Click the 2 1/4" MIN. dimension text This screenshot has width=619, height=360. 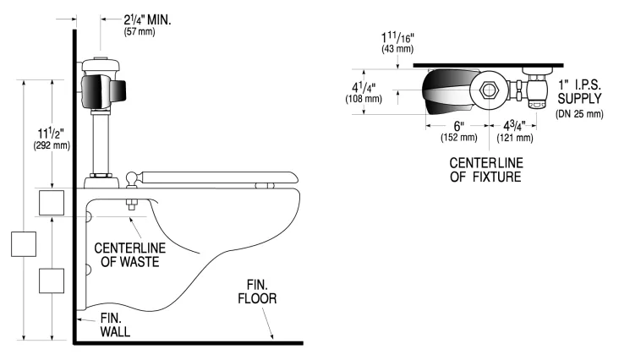136,18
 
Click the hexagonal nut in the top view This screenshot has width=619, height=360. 488,92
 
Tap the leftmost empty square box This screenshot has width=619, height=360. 23,243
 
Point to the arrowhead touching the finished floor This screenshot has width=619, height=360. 271,335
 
